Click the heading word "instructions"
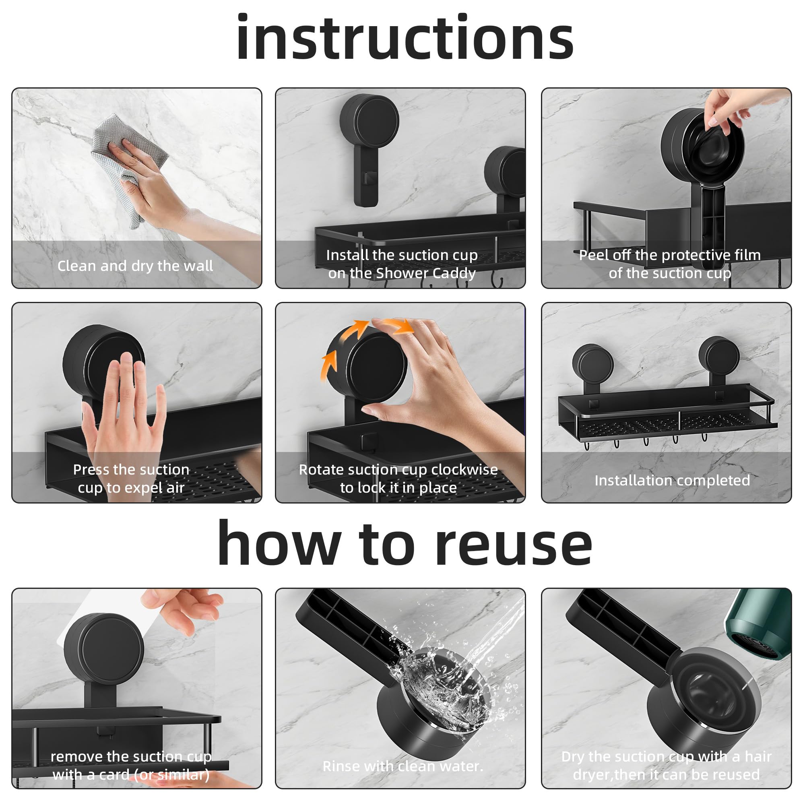[x=405, y=38]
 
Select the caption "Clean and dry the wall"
[x=135, y=266]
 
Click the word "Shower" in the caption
[x=401, y=273]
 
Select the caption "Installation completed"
[x=672, y=481]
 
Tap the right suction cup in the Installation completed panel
[x=719, y=357]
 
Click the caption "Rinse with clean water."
[x=403, y=766]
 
